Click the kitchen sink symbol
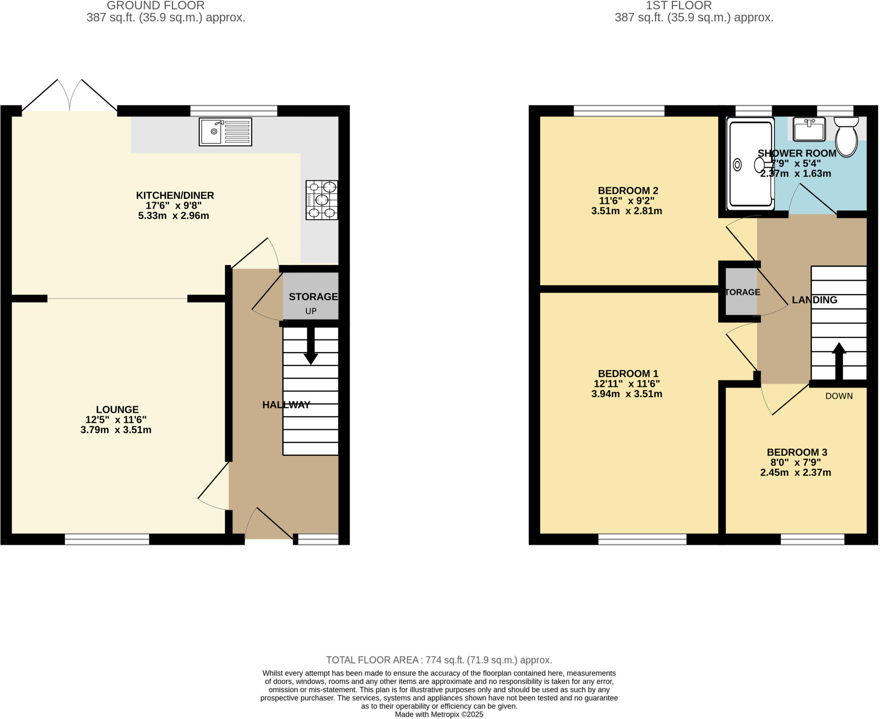[225, 132]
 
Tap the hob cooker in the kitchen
[321, 200]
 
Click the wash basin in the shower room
[809, 129]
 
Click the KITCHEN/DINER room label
[175, 195]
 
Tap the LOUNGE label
[117, 410]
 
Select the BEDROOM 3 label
[797, 452]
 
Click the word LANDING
[814, 300]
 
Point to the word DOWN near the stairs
[839, 396]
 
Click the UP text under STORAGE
[311, 311]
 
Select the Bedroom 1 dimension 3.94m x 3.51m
[626, 394]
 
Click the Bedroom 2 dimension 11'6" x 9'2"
[626, 201]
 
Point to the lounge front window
[107, 539]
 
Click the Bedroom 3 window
[812, 539]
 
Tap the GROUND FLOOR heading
[156, 6]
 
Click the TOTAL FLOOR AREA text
[439, 660]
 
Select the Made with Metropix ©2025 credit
[439, 714]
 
